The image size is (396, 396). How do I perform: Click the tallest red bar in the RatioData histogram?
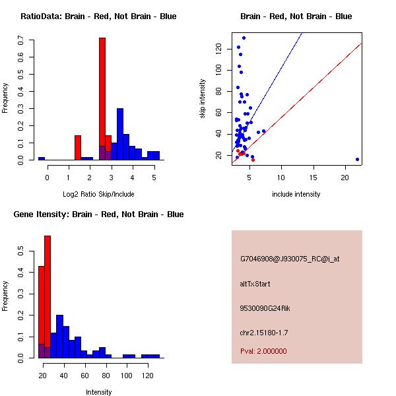click(102, 99)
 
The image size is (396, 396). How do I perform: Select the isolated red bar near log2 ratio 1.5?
click(78, 148)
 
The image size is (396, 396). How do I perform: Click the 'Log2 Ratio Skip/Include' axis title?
click(98, 193)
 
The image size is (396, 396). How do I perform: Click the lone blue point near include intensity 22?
click(357, 159)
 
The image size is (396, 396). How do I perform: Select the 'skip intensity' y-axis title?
click(203, 99)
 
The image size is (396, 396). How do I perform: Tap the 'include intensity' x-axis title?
click(296, 194)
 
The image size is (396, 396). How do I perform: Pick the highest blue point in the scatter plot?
click(244, 38)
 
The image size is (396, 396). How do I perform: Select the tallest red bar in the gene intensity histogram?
click(48, 296)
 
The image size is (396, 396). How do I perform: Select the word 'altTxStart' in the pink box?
click(255, 284)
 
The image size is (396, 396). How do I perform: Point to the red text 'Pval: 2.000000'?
click(263, 351)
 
